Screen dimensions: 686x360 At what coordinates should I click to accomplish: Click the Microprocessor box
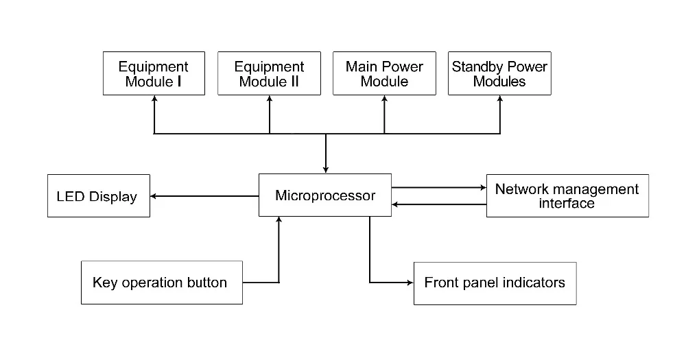click(x=325, y=195)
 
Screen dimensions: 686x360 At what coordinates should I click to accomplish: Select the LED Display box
click(x=98, y=196)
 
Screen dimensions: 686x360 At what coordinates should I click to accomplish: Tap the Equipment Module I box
click(x=154, y=73)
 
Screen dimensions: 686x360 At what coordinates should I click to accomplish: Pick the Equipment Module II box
click(x=269, y=73)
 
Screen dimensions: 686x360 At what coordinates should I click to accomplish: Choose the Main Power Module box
click(x=385, y=73)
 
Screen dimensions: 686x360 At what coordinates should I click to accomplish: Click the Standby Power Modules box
click(x=499, y=73)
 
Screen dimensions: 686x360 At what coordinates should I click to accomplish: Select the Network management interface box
click(x=567, y=195)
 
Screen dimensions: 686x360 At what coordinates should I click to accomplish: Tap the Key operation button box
click(x=162, y=283)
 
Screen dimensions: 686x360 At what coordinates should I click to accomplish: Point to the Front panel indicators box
click(x=495, y=283)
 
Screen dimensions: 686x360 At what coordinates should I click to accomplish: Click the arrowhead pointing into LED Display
click(x=153, y=196)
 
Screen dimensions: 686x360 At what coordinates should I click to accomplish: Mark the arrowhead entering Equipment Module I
click(x=154, y=99)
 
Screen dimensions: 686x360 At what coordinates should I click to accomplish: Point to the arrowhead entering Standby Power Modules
click(x=500, y=99)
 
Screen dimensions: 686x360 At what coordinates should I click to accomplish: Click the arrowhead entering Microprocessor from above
click(x=325, y=170)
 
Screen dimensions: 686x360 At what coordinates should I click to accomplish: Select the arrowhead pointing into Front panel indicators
click(x=410, y=283)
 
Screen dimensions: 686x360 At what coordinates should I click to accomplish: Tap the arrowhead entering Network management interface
click(x=484, y=188)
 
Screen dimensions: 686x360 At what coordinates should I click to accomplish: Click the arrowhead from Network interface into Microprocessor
click(x=394, y=204)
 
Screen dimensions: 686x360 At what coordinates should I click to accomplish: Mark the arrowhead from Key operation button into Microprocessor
click(x=279, y=219)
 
